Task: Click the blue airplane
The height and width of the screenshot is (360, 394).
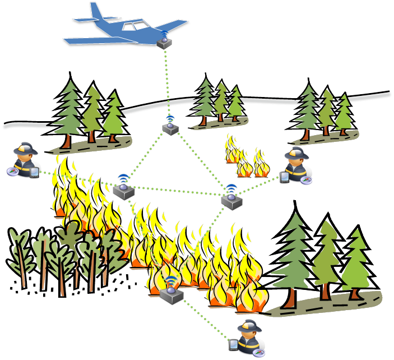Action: click(126, 28)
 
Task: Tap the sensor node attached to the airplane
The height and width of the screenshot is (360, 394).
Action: click(165, 42)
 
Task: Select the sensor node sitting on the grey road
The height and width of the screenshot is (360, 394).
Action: click(170, 127)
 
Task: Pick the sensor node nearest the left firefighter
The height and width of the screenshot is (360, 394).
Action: click(123, 191)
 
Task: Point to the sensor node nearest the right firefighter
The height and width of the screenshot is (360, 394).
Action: click(231, 200)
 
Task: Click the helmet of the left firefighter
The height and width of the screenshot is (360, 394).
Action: click(25, 149)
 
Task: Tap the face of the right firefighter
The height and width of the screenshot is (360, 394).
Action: click(294, 162)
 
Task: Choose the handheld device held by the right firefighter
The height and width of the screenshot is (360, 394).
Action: click(284, 178)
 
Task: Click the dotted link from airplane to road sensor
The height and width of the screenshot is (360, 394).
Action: click(168, 84)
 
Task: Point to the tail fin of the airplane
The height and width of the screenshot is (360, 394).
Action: click(96, 11)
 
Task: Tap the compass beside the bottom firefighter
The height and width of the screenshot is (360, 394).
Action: click(259, 352)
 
